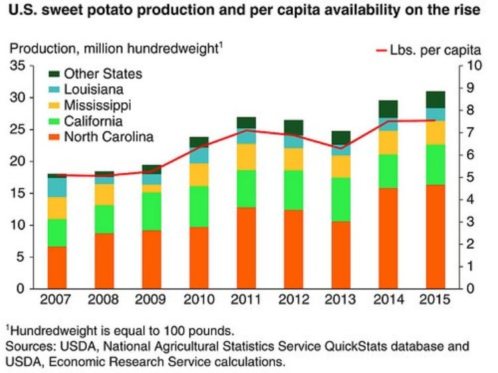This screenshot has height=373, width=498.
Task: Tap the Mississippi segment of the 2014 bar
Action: coord(388,142)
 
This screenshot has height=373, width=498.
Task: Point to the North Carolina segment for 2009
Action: coord(151,259)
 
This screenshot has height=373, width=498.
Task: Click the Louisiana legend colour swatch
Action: coord(54,90)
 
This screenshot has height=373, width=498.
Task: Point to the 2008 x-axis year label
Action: coord(104,300)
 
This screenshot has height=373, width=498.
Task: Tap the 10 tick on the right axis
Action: coord(474,66)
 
